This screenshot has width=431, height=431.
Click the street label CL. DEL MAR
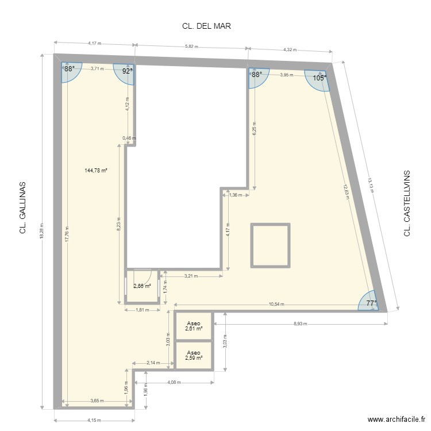(x=206, y=26)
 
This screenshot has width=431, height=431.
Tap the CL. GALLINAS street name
(x=24, y=209)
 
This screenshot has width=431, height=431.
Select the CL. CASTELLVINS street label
(x=407, y=203)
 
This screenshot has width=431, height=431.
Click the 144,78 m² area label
(x=97, y=170)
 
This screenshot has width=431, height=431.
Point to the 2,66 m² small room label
(x=143, y=286)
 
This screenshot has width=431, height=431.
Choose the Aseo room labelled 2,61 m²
(x=194, y=326)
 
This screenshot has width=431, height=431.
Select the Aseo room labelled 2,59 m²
(x=194, y=356)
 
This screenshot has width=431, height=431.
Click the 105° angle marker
(x=320, y=78)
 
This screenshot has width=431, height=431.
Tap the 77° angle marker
(x=372, y=303)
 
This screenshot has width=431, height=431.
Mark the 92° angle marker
(x=127, y=71)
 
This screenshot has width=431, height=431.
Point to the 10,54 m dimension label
(x=276, y=305)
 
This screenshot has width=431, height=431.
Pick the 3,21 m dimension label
(x=191, y=276)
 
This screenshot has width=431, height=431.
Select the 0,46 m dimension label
(x=129, y=138)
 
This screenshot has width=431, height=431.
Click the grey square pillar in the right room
(x=270, y=245)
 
